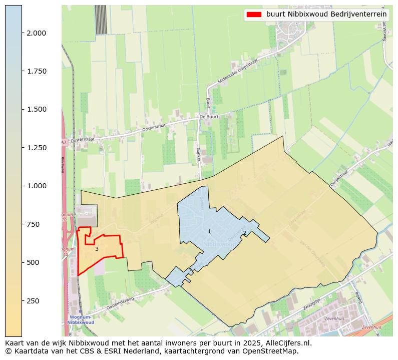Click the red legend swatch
click(254, 15)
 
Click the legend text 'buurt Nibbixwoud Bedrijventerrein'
click(326, 15)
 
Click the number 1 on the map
click(209, 231)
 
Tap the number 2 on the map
click(244, 233)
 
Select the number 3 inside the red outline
click(97, 249)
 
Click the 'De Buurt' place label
click(209, 117)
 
